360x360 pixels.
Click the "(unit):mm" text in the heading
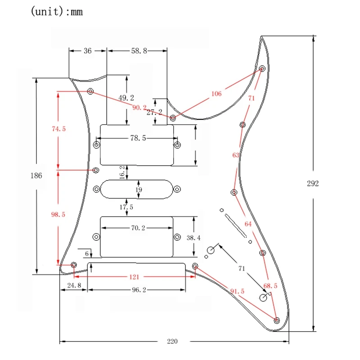57,12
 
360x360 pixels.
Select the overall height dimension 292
313,184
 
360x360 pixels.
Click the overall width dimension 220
171,342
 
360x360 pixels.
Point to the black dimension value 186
36,175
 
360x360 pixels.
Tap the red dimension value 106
216,94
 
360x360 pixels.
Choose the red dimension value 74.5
58,129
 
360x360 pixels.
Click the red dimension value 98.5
58,215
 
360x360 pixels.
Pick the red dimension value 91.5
237,291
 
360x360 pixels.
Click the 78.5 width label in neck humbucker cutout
138,139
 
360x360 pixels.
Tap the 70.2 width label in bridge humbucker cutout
138,228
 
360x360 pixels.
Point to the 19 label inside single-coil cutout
138,190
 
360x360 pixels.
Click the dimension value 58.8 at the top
139,51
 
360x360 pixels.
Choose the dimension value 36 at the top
88,51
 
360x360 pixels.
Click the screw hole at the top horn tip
263,69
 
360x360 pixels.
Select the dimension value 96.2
139,290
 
